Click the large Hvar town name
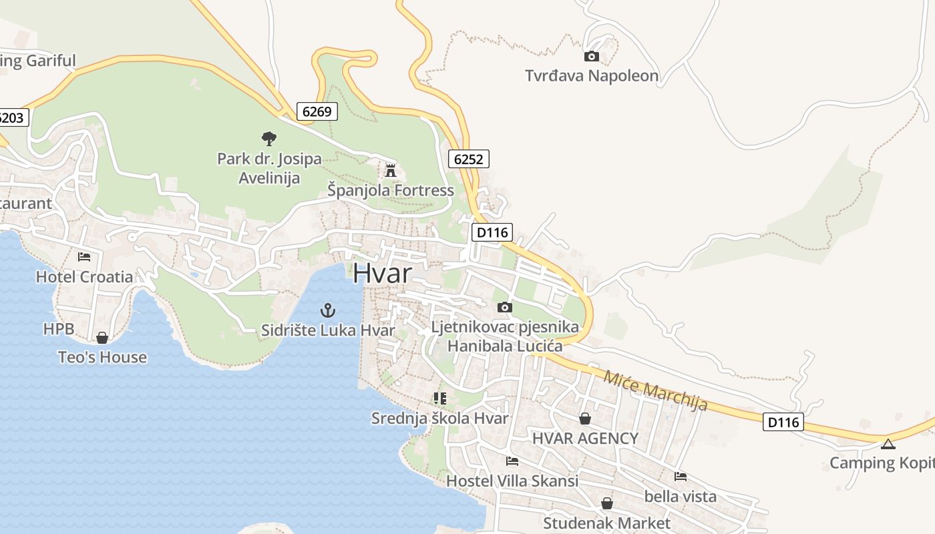[382, 272]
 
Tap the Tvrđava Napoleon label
[592, 75]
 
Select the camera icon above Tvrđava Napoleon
[592, 57]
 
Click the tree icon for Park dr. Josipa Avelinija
[269, 139]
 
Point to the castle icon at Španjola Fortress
[391, 170]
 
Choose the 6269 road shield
[317, 111]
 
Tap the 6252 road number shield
[468, 159]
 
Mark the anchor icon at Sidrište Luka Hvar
[328, 310]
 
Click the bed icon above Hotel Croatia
[84, 256]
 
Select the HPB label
[58, 328]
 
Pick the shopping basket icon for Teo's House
[102, 338]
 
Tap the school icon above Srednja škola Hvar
[439, 398]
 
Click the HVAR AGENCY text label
[585, 438]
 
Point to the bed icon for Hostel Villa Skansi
[512, 461]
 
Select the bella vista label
[680, 496]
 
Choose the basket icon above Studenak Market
[606, 503]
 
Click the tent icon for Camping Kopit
[888, 444]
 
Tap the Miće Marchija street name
[655, 390]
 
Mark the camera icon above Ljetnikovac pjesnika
[505, 307]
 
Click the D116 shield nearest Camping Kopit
[783, 422]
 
